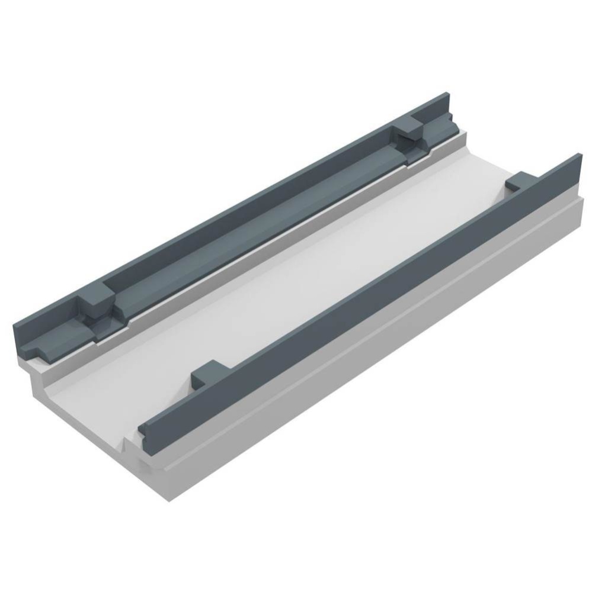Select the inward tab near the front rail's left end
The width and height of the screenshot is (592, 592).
click(209, 373)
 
